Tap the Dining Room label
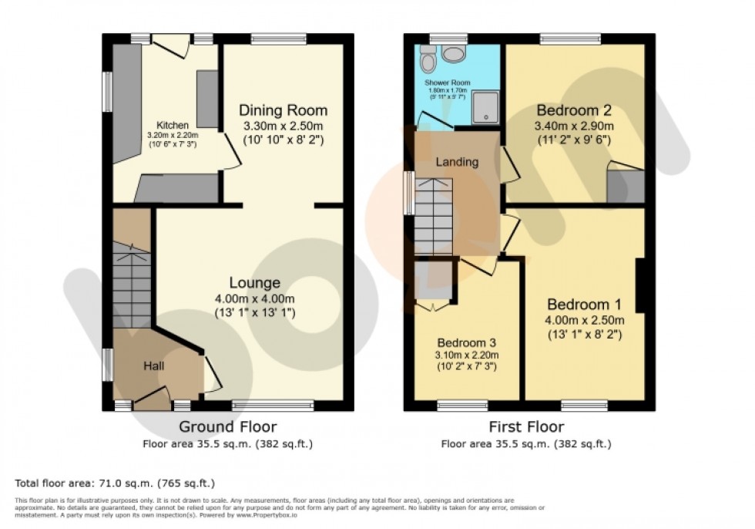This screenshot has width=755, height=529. tap(283, 110)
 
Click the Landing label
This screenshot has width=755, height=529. tap(457, 162)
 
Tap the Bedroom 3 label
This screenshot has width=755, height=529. tap(467, 342)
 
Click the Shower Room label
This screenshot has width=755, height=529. tap(446, 82)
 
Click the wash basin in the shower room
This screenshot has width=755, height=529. tap(455, 53)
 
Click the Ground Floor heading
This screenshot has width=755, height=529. tap(227, 426)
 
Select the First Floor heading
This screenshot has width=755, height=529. tap(525, 426)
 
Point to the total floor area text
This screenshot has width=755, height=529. tap(114, 484)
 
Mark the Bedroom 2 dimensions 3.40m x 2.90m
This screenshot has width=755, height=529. tap(575, 126)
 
